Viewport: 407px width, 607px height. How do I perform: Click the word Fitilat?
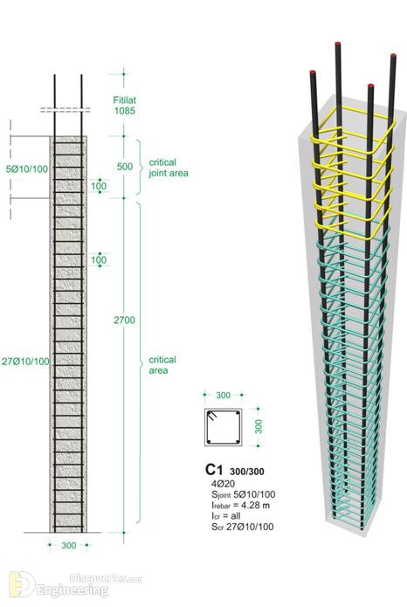[125, 100]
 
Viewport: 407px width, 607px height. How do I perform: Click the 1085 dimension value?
[125, 111]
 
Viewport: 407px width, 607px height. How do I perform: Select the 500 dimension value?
[125, 167]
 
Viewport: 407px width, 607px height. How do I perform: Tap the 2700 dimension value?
[124, 321]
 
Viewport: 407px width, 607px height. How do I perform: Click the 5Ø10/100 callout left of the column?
[27, 169]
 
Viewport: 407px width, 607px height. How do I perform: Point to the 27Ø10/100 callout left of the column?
[25, 362]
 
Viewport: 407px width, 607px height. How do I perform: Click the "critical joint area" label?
[169, 168]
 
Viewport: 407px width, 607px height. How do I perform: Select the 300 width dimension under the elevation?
[68, 546]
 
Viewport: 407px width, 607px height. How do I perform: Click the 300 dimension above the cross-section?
[223, 396]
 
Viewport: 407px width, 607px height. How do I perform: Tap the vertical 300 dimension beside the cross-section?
[259, 426]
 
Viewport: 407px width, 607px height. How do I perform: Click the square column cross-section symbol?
[223, 427]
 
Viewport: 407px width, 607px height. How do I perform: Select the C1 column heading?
[214, 470]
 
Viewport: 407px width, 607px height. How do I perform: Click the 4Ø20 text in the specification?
[223, 484]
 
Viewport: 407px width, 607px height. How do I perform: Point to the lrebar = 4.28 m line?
[241, 505]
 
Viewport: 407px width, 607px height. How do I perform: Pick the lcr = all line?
[225, 516]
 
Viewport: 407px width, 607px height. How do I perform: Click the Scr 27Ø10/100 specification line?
[243, 527]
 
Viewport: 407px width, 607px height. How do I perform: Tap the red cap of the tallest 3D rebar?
[338, 44]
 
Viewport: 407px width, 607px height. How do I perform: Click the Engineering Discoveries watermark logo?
[76, 585]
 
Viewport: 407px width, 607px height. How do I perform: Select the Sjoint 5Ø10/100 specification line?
[244, 494]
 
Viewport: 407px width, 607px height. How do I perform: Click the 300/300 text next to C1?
[247, 472]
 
